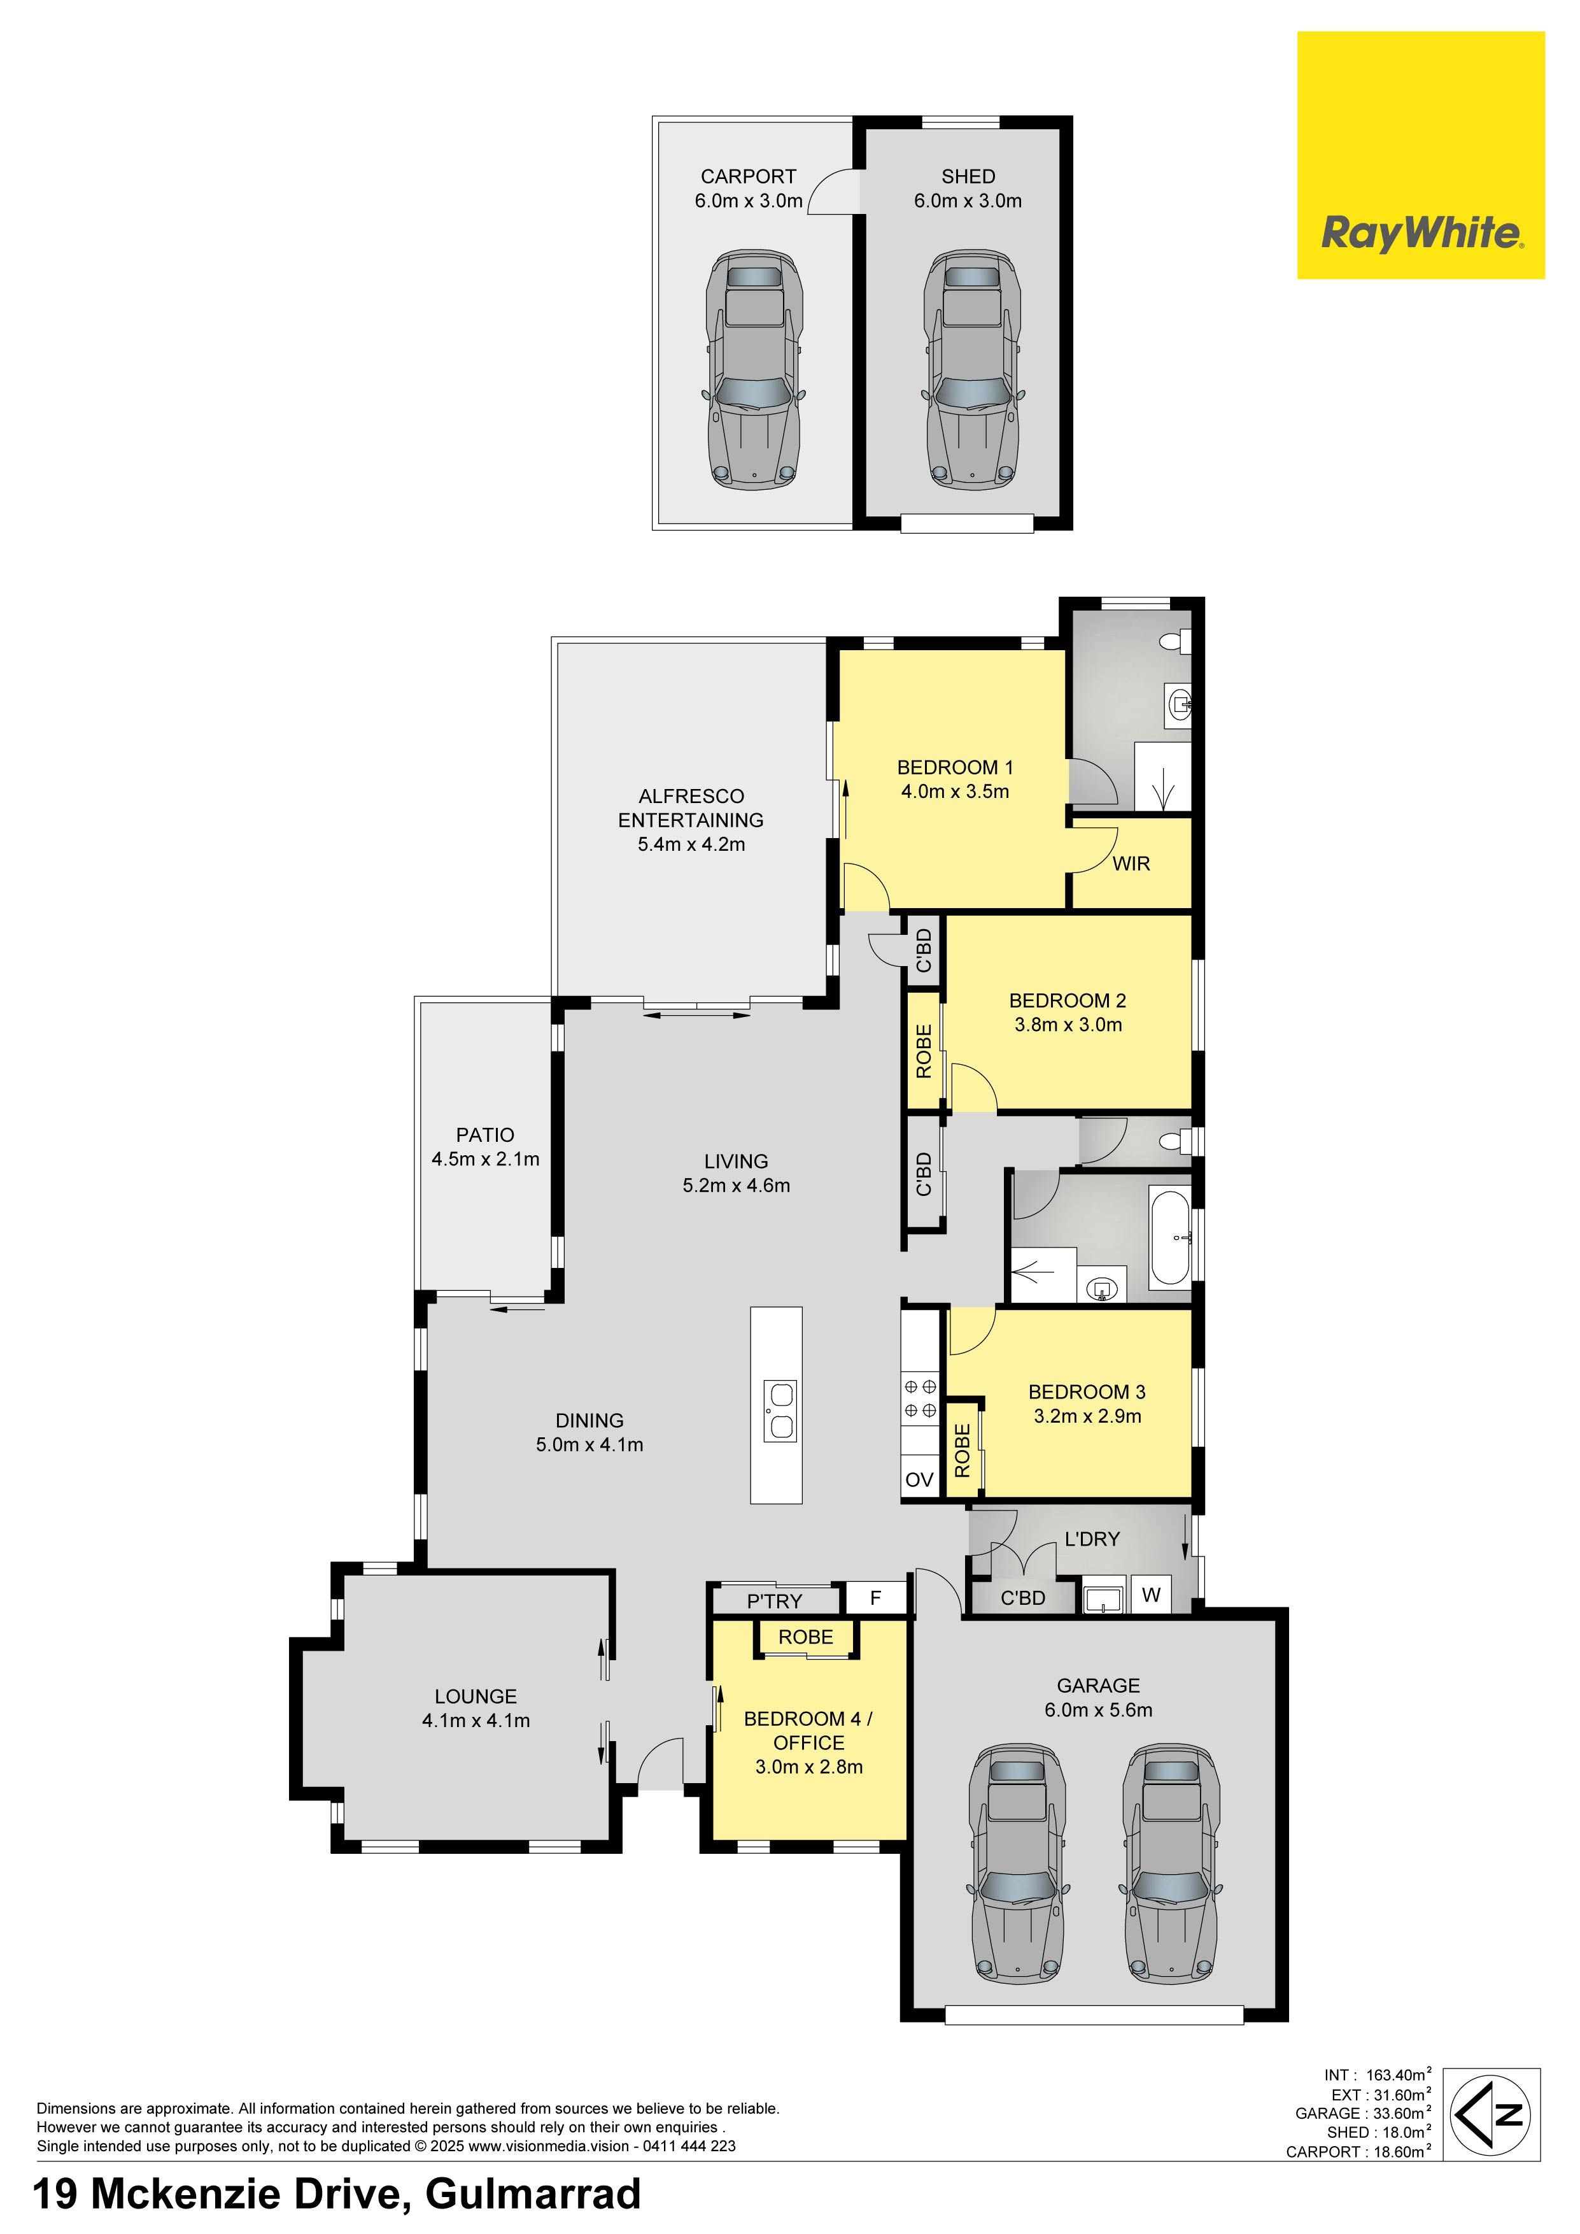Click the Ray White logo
[x=1420, y=155]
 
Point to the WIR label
[x=1131, y=863]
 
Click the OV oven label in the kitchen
[x=919, y=1480]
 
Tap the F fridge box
[x=875, y=1598]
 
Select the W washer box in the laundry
[x=1151, y=1595]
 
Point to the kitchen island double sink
[x=779, y=1411]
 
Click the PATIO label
[x=484, y=1135]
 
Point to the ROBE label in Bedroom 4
[x=805, y=1637]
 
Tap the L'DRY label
[x=1092, y=1539]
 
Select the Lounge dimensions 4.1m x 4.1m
[x=476, y=1720]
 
